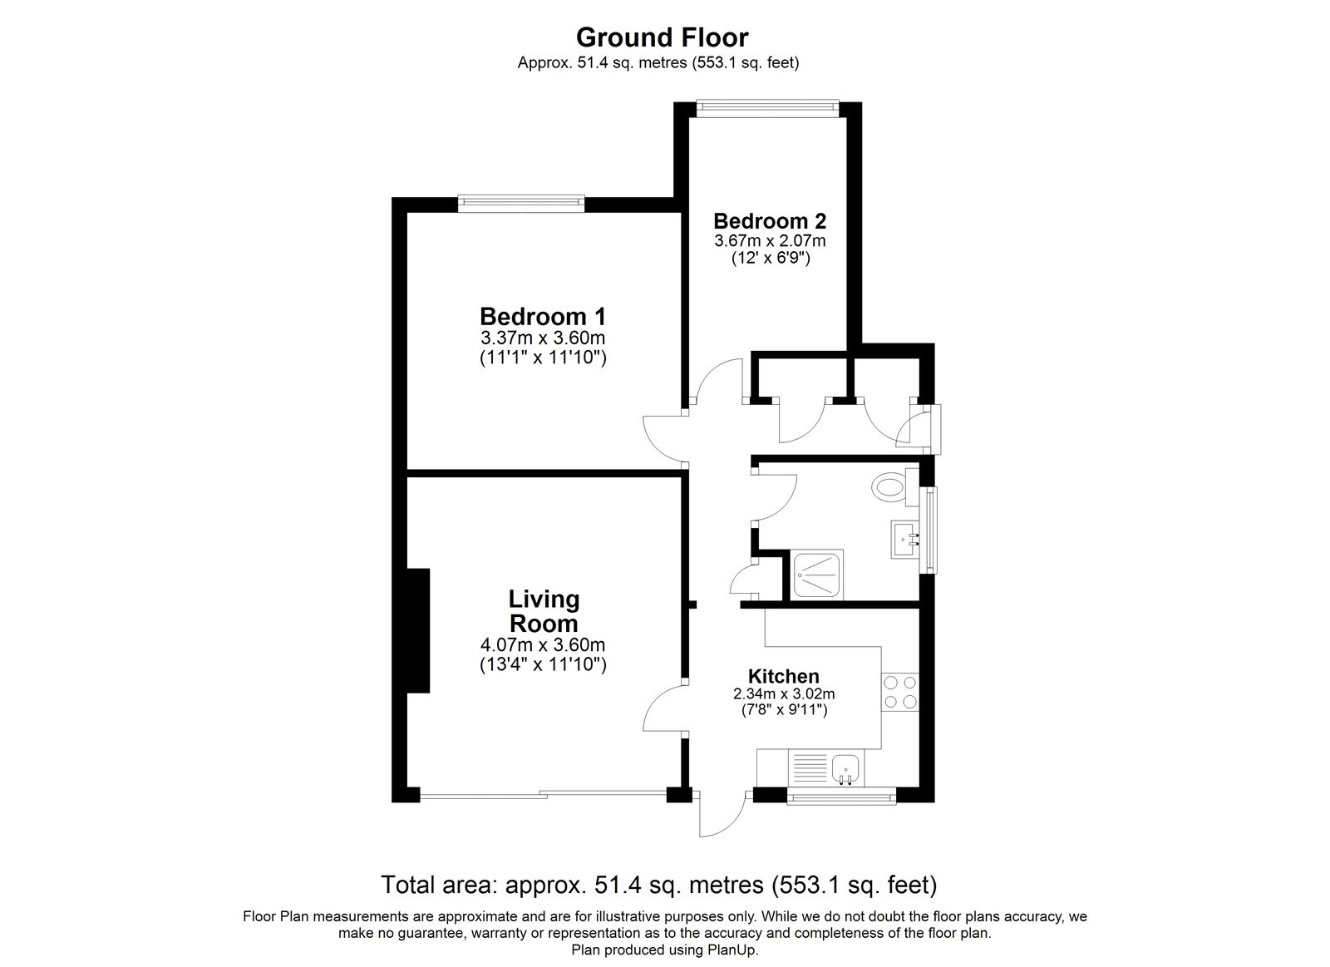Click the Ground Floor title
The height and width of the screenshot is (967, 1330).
tap(662, 37)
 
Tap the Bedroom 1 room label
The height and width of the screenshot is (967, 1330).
tap(543, 317)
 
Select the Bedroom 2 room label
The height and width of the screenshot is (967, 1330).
tap(770, 221)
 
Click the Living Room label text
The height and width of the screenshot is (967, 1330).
tap(544, 611)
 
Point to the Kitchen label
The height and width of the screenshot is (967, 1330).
tap(783, 676)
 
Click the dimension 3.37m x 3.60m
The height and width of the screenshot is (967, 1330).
tap(543, 338)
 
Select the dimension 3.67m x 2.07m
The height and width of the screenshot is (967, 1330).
tap(770, 241)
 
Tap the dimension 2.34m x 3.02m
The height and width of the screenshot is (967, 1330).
tap(783, 693)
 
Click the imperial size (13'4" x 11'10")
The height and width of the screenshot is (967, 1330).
tap(543, 664)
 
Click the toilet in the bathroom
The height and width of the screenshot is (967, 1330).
tap(891, 487)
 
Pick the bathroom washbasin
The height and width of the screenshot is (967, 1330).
tap(904, 539)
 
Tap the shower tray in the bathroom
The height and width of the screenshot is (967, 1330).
tap(818, 574)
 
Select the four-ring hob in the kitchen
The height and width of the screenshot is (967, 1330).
tap(899, 692)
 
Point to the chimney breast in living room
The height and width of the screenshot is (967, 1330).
tap(417, 630)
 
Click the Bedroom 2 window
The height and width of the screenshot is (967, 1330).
tap(767, 106)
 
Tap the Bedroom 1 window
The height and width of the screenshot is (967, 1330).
tap(521, 200)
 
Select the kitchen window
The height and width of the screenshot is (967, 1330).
tap(841, 799)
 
